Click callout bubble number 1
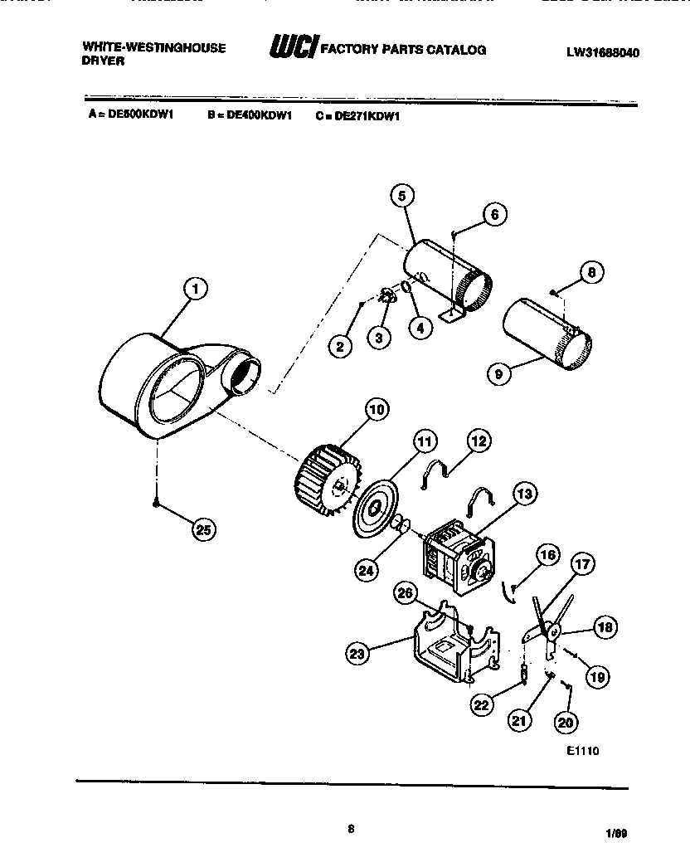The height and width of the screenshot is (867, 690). (x=196, y=290)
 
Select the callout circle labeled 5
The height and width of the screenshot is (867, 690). (x=401, y=196)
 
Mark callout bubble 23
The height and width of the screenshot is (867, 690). (x=357, y=654)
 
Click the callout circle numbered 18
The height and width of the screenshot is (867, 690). (x=605, y=627)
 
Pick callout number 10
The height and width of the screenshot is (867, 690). (x=377, y=409)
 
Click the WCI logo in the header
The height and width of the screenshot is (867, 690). (x=290, y=50)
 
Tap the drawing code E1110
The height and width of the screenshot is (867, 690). (x=582, y=751)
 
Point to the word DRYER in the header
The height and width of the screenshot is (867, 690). (x=103, y=61)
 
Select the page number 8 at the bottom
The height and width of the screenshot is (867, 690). (x=352, y=826)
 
